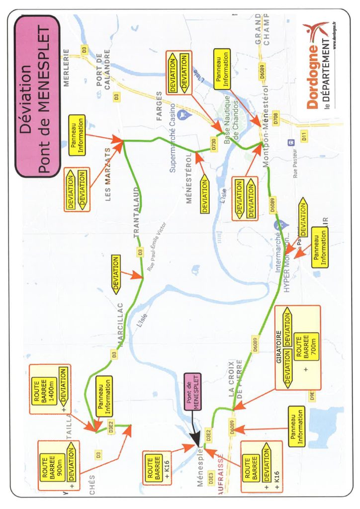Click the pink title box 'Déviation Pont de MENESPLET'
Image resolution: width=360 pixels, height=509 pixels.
38,96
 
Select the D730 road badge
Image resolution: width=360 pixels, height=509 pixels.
214,144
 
